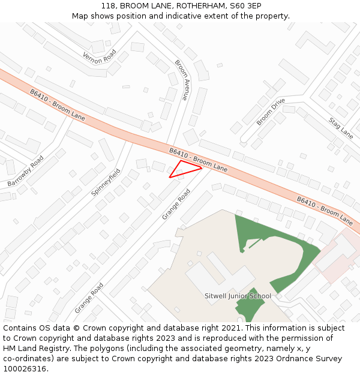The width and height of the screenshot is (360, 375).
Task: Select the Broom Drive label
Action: click(x=271, y=112)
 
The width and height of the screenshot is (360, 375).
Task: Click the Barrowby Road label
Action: click(x=26, y=170)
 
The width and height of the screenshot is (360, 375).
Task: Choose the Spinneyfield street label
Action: click(x=106, y=182)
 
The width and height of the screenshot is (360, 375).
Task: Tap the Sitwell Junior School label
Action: click(x=238, y=296)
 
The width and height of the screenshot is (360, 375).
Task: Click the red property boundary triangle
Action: click(x=184, y=169)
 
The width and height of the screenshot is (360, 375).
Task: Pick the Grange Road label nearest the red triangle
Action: click(x=176, y=204)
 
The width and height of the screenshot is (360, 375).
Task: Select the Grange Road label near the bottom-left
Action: click(x=89, y=298)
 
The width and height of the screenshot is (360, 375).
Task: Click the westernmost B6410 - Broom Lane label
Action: click(x=58, y=106)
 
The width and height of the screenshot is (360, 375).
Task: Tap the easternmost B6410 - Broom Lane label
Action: click(x=325, y=211)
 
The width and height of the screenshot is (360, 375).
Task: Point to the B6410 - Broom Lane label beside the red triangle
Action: click(x=198, y=160)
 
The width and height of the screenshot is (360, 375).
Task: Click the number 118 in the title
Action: click(x=108, y=5)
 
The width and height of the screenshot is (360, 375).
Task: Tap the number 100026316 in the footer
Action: click(x=25, y=368)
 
